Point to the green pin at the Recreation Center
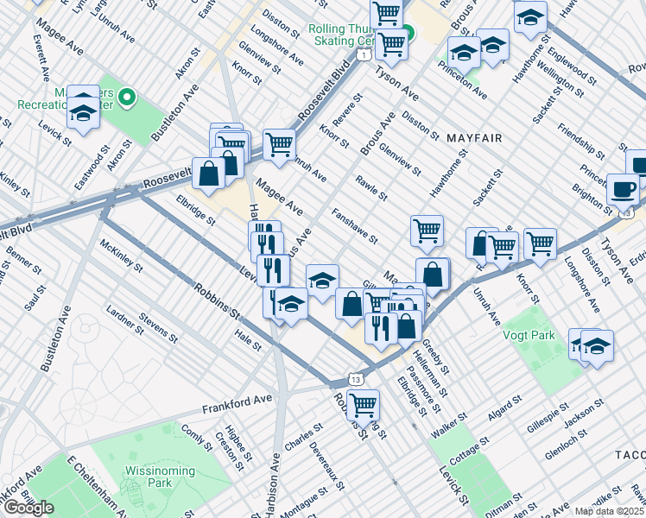(x=127, y=98)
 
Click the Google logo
(x=28, y=508)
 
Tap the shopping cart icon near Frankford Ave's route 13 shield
(x=364, y=404)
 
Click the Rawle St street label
(x=370, y=187)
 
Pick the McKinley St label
(x=121, y=258)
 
